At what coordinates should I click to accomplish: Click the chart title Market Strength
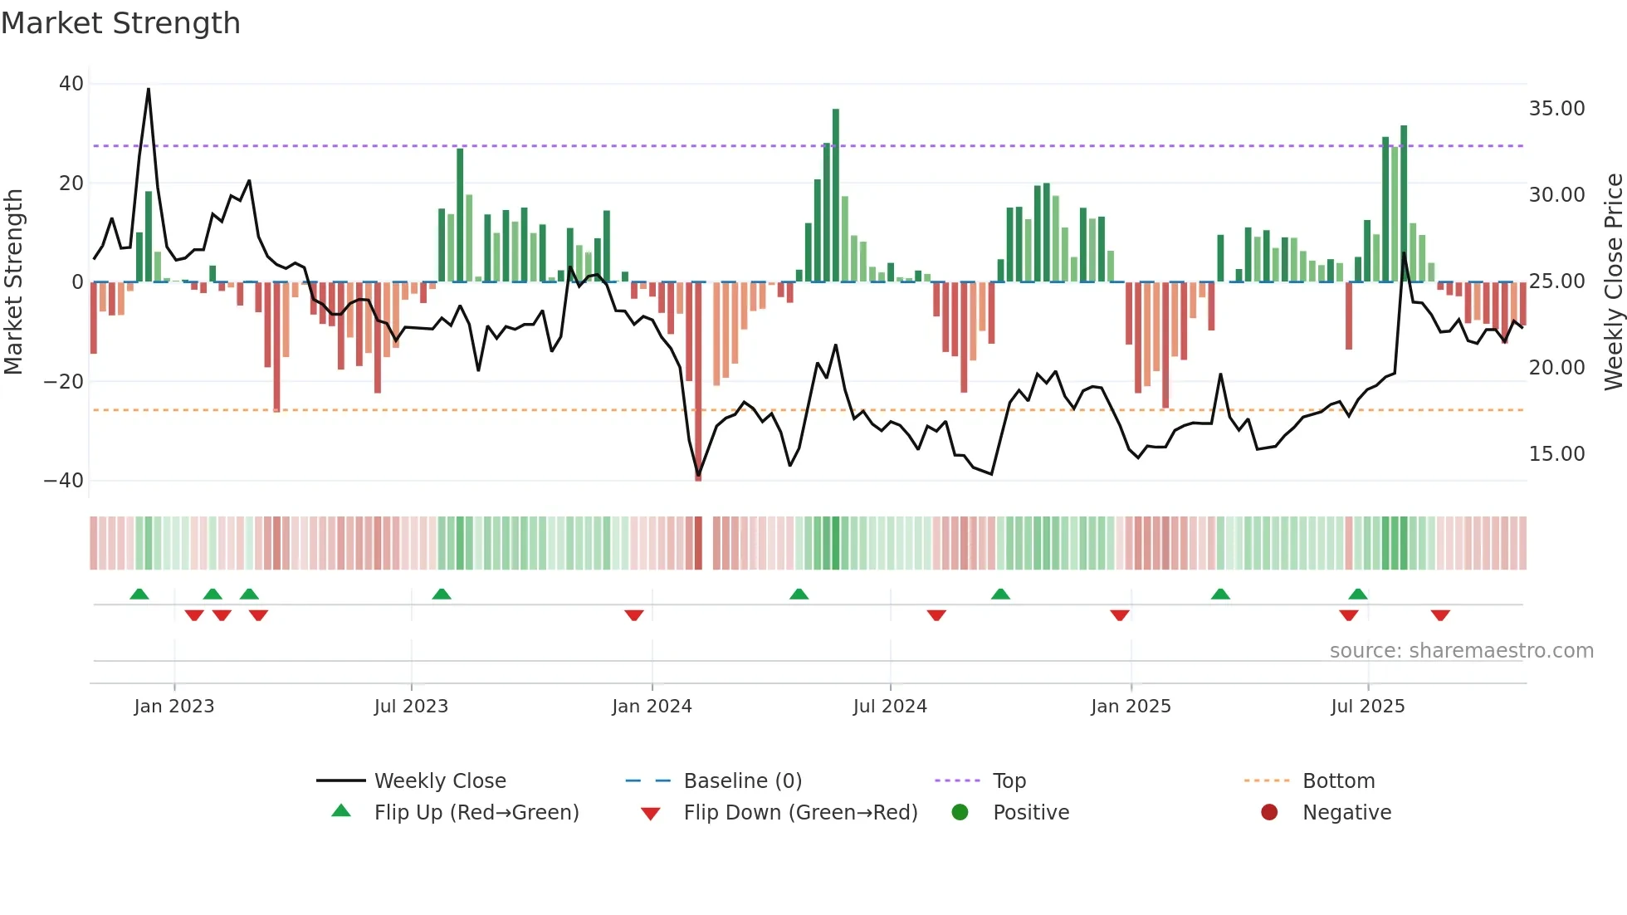click(121, 23)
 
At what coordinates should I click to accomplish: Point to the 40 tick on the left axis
click(71, 84)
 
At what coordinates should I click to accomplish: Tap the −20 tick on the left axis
click(64, 382)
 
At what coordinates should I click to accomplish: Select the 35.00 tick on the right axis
click(1556, 109)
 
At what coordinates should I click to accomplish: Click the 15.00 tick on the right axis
click(1556, 454)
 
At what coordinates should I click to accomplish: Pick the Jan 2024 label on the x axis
click(652, 707)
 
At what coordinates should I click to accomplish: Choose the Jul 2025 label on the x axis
click(1367, 707)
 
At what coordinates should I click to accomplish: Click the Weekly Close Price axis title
click(1613, 282)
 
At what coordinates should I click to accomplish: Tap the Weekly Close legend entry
click(439, 781)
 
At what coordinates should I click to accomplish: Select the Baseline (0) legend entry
click(742, 781)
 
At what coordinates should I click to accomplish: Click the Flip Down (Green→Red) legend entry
click(800, 813)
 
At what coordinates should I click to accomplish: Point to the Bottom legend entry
click(1338, 781)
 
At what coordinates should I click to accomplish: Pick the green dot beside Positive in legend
click(960, 813)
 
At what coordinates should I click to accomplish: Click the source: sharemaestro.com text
click(1461, 651)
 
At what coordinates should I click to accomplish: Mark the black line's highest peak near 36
click(149, 90)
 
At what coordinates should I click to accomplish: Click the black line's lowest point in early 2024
click(698, 475)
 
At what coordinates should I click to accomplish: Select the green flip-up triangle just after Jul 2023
click(442, 595)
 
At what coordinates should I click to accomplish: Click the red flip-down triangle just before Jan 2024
click(634, 615)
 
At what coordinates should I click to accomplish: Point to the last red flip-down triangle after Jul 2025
click(1440, 615)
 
